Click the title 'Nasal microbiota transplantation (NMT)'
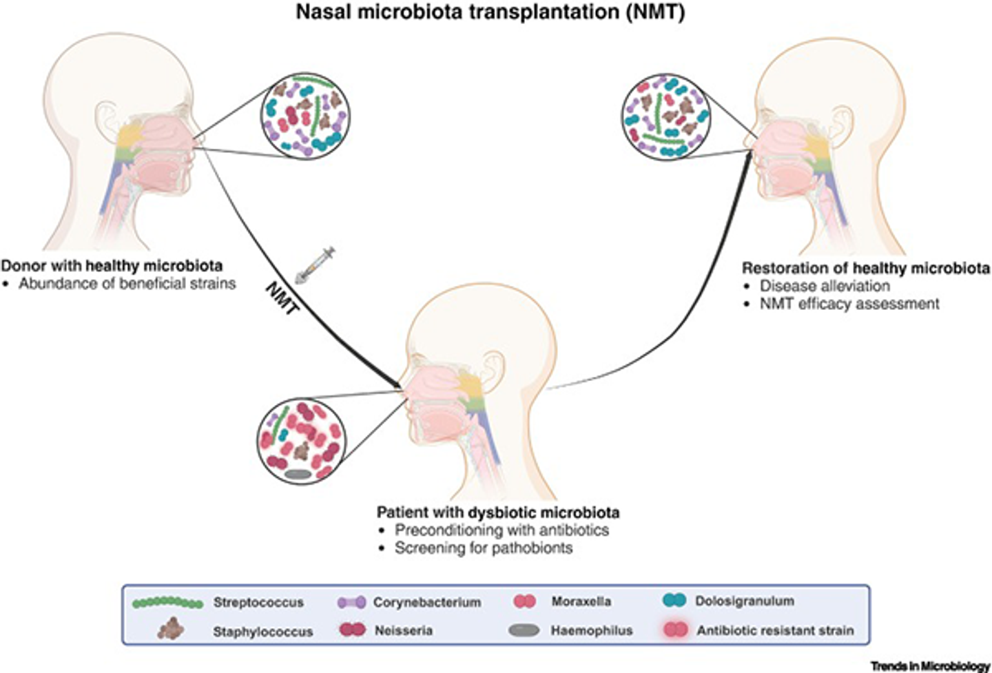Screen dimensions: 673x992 pos(490,12)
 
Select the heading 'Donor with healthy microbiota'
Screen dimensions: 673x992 pos(112,265)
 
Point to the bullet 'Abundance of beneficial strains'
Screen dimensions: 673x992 pos(127,283)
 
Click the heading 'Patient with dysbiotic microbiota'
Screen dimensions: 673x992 pos(497,512)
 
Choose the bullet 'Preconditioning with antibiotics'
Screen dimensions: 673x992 pos(502,530)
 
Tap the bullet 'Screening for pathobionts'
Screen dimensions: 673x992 pos(483,548)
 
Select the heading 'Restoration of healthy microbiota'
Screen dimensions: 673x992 pos(866,268)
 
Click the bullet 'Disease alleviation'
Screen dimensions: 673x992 pos(825,286)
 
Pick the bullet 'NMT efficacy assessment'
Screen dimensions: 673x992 pos(849,304)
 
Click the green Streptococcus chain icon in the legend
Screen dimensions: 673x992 pos(167,603)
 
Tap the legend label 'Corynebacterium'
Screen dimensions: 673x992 pos(427,603)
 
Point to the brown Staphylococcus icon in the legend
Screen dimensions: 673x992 pos(170,630)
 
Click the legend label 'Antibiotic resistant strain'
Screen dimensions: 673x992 pos(775,630)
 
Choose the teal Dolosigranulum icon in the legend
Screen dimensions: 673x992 pos(674,601)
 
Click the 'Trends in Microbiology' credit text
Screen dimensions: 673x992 pos(930,666)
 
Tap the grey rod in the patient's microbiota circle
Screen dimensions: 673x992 pos(298,474)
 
